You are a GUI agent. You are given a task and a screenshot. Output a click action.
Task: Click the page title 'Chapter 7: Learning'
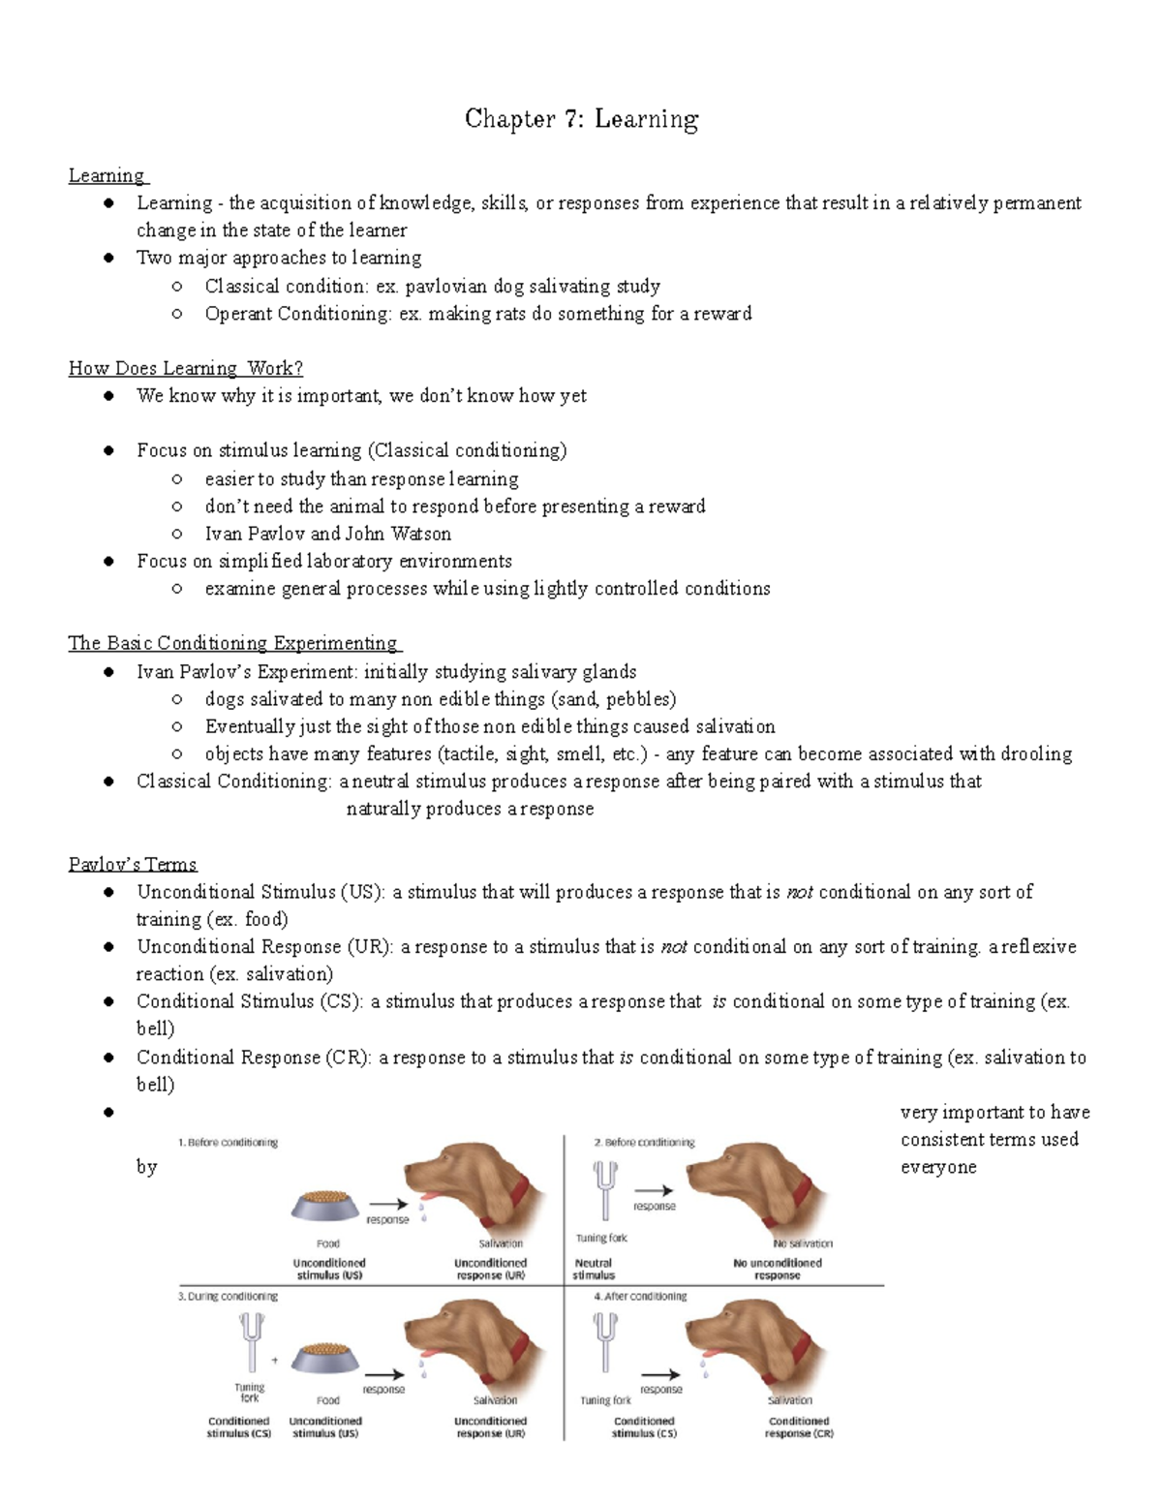pyautogui.click(x=581, y=119)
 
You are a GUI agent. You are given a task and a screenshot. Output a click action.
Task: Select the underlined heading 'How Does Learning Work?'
pyautogui.click(x=186, y=368)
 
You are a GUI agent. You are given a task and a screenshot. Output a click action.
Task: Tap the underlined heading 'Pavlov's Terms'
pyautogui.click(x=133, y=864)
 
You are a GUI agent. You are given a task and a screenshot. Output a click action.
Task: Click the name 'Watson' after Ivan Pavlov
pyautogui.click(x=420, y=534)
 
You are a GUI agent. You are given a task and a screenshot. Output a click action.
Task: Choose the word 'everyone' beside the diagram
pyautogui.click(x=938, y=1167)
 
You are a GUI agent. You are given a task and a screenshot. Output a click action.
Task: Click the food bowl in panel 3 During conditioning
pyautogui.click(x=326, y=1359)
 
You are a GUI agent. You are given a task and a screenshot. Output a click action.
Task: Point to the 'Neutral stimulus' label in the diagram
pyautogui.click(x=594, y=1269)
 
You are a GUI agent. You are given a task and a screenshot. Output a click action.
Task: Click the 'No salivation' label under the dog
pyautogui.click(x=803, y=1243)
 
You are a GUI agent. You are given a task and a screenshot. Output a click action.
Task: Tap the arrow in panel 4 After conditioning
pyautogui.click(x=660, y=1374)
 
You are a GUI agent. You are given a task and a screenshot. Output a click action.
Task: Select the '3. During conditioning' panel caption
pyautogui.click(x=228, y=1296)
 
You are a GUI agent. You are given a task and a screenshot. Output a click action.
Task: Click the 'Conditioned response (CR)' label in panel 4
pyautogui.click(x=799, y=1427)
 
